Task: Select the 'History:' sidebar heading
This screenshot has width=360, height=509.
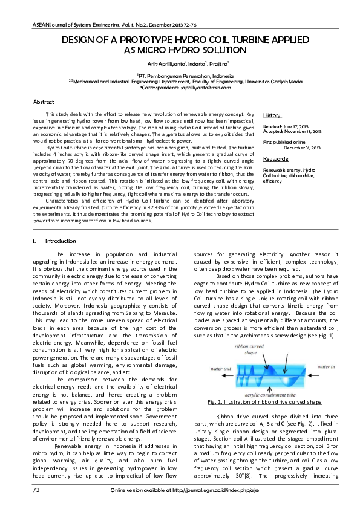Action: point(273,115)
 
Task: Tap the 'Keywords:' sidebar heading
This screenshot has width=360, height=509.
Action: point(275,159)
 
